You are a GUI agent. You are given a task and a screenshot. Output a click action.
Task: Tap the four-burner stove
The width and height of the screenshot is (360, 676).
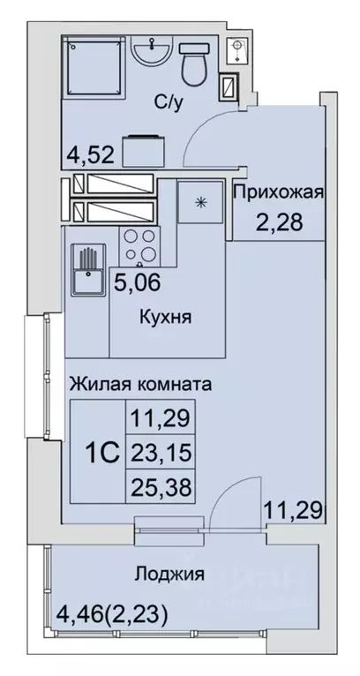point(138,245)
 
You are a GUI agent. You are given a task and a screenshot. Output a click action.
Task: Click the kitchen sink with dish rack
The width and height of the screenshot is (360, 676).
point(86,269)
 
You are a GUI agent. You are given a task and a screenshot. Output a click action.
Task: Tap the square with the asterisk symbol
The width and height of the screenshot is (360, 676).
point(199,201)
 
